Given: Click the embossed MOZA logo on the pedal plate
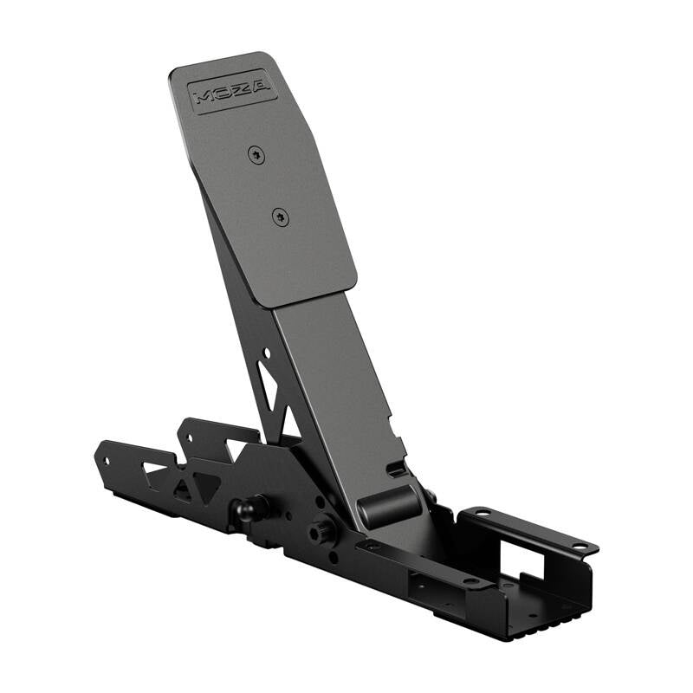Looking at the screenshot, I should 232,90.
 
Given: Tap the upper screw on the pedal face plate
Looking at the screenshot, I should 255,155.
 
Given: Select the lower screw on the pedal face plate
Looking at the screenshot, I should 279,217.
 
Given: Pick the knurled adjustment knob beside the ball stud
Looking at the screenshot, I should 323,530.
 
